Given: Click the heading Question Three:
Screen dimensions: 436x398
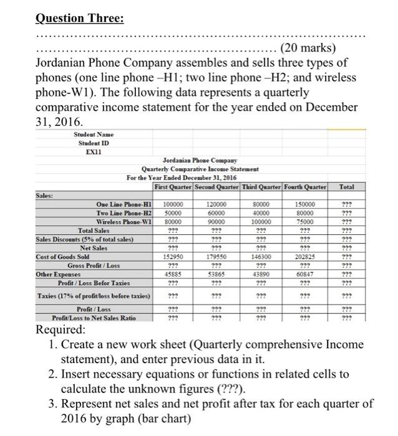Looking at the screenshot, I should coord(79,18).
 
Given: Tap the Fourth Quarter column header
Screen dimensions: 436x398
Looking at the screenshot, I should coord(306,186).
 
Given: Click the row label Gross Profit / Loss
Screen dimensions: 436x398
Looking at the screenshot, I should coord(119,264).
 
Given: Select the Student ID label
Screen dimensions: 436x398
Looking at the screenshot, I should coord(88,142).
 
